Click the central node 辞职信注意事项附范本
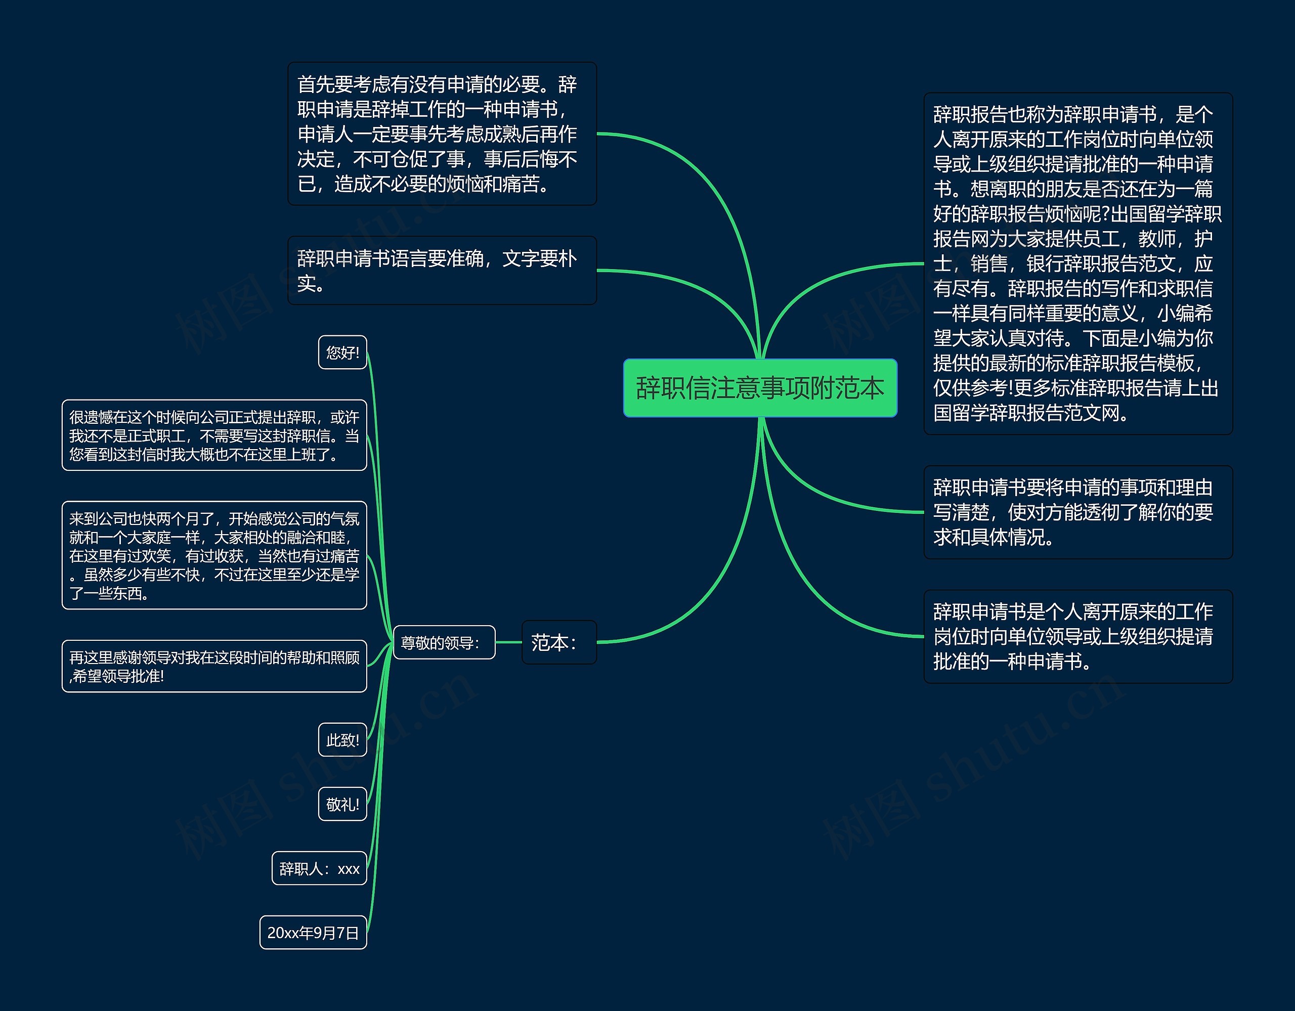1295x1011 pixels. [x=760, y=388]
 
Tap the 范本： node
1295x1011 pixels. [x=558, y=642]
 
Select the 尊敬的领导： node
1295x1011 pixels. [x=444, y=642]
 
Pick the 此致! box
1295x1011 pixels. [x=342, y=739]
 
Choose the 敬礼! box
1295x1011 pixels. [x=342, y=804]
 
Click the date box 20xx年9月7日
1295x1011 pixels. [x=313, y=932]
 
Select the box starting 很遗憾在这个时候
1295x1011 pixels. [x=214, y=435]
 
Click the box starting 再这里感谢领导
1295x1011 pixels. [x=214, y=666]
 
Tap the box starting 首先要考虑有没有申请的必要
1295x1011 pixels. [x=442, y=134]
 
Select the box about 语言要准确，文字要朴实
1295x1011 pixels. [x=442, y=271]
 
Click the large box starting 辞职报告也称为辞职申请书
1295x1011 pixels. [x=1077, y=263]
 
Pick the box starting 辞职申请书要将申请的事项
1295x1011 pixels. [x=1077, y=512]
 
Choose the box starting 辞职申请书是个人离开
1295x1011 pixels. [x=1077, y=636]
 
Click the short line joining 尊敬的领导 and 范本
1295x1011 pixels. [x=508, y=642]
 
